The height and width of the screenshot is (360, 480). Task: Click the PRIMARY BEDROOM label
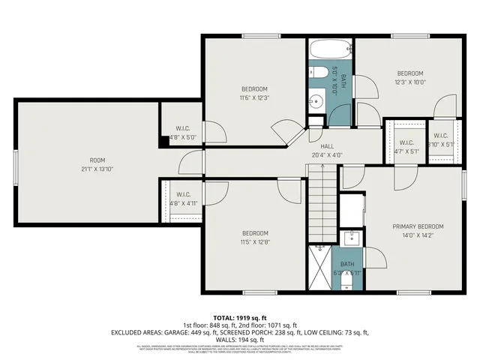418,226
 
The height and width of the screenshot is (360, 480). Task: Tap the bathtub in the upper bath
329,51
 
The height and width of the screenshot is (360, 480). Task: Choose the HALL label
327,146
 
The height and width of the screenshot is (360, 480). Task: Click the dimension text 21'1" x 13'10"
97,169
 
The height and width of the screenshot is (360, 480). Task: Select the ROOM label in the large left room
97,160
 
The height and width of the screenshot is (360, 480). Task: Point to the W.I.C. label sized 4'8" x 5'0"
182,128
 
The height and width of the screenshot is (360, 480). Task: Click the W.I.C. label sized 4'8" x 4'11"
182,193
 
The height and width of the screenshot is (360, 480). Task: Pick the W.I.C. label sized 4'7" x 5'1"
406,142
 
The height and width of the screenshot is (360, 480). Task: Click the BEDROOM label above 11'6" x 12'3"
254,88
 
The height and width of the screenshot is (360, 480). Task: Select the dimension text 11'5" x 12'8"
255,242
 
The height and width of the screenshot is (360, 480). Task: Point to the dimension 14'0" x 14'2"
418,235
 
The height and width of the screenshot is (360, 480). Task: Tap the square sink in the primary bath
349,239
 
